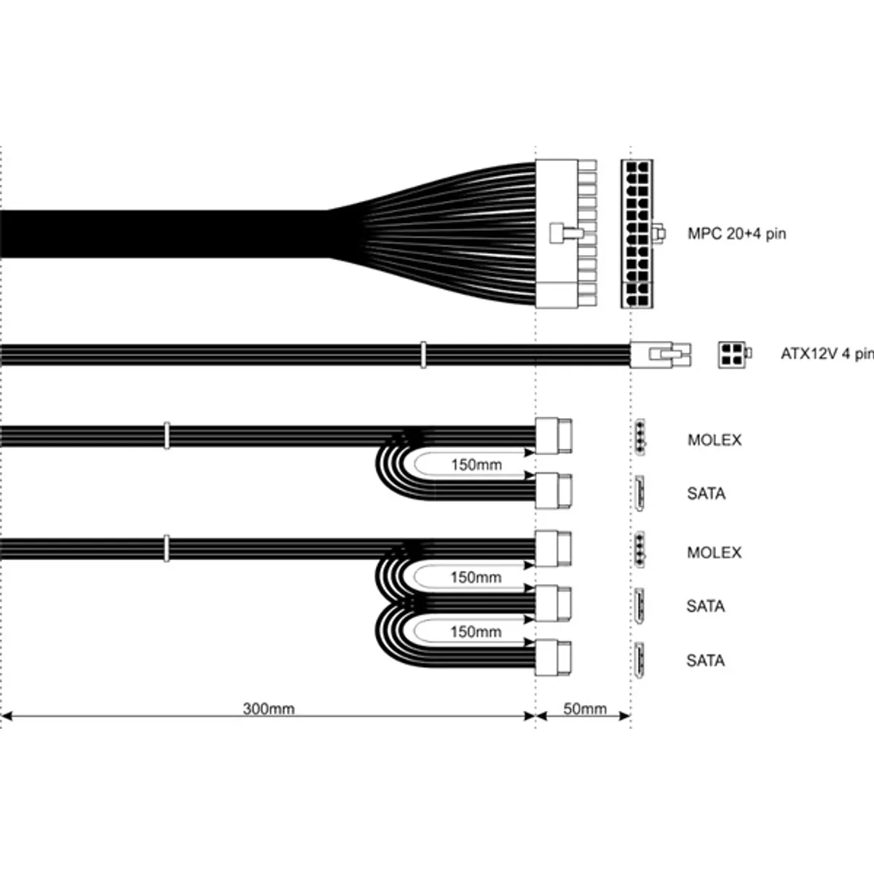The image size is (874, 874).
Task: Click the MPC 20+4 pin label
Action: pos(736,234)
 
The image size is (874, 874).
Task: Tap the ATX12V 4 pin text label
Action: pos(827,354)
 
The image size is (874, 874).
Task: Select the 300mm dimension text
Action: pos(269,709)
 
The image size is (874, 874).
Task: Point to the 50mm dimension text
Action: pos(585,709)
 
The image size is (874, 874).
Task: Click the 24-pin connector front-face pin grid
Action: pos(637,234)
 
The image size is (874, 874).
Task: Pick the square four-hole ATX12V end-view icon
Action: pos(732,354)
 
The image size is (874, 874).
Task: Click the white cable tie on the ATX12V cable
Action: pos(422,355)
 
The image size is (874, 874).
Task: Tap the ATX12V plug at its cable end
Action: pos(660,355)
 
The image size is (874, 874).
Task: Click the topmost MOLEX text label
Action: pos(714,440)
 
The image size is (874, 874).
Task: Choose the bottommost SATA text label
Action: pos(705,661)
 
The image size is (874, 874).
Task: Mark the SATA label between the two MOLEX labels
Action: pos(706,494)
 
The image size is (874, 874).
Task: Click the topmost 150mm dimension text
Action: pos(476,465)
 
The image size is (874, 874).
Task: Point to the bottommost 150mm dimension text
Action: pos(476,632)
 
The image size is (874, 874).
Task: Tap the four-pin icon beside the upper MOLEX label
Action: pos(640,437)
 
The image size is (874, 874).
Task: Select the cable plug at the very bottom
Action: pos(554,658)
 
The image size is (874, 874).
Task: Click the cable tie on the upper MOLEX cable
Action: pos(167,436)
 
